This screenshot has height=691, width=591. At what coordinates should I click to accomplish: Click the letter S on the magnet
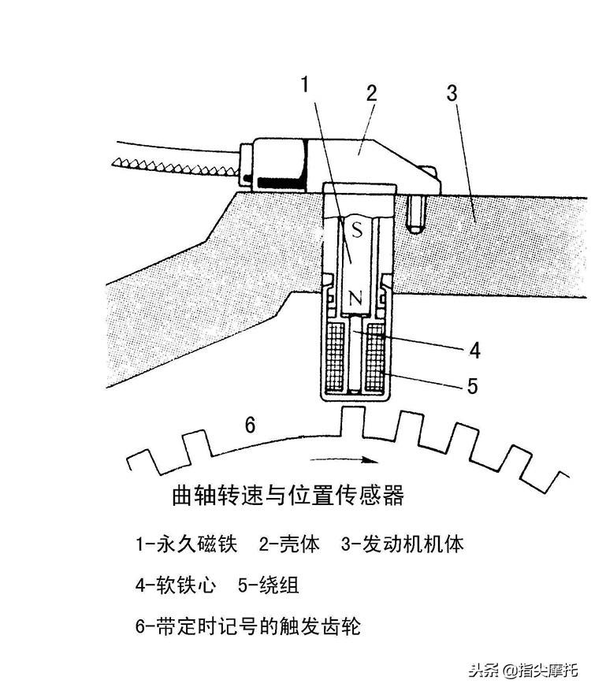point(356,230)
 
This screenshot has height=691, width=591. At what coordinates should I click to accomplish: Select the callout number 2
point(370,92)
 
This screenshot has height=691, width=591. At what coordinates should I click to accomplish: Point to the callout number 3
point(452,92)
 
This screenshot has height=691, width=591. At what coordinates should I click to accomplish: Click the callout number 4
point(474,349)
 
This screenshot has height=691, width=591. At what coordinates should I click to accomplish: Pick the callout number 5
point(472,385)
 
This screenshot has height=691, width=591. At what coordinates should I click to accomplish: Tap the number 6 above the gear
point(250,425)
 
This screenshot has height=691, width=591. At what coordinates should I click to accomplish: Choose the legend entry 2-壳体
point(289,544)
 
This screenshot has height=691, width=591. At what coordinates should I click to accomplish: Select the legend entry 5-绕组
point(268,585)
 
